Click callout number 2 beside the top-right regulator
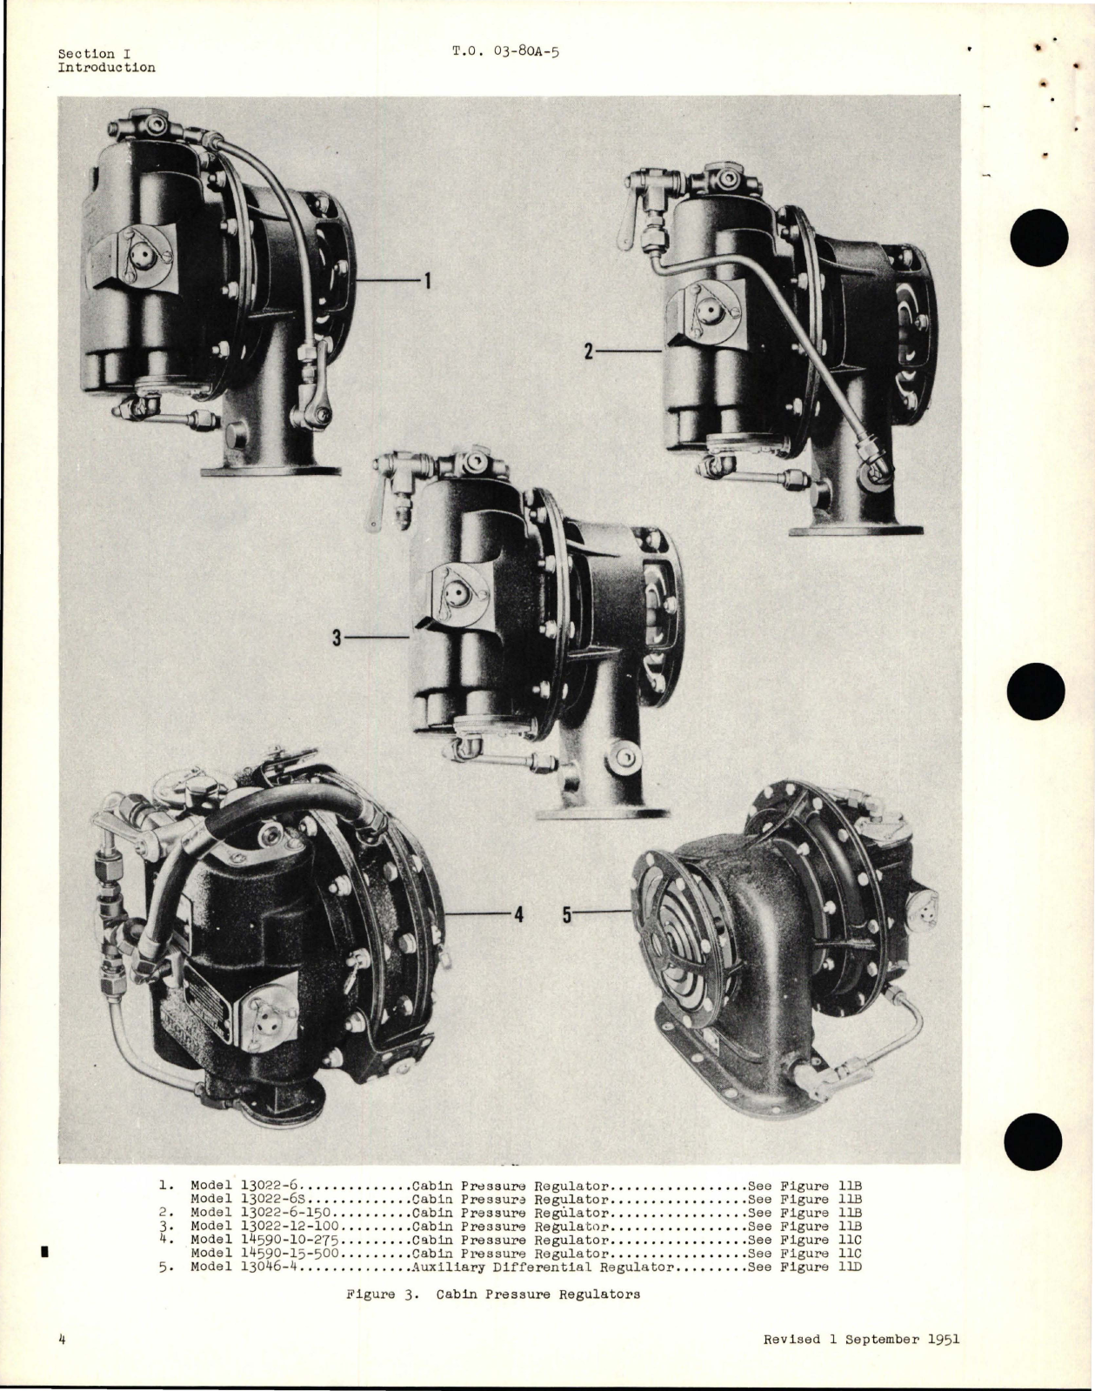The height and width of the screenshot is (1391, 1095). tap(589, 351)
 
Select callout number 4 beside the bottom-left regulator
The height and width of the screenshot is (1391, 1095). tap(518, 914)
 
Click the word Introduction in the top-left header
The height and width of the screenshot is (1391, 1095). tap(106, 68)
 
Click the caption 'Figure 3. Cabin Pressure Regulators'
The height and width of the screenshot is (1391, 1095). tap(493, 1294)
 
